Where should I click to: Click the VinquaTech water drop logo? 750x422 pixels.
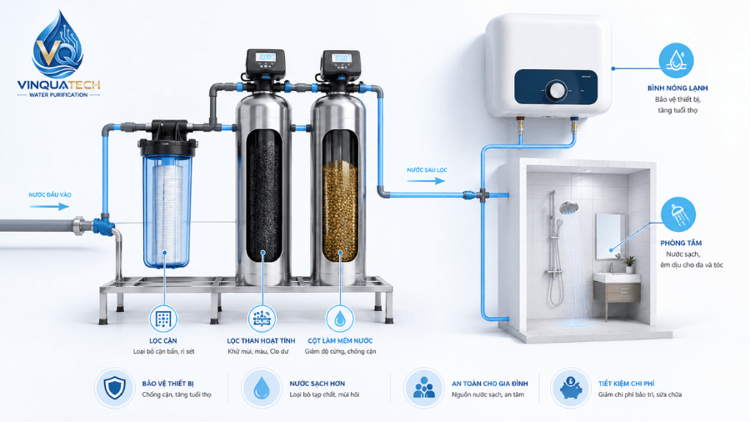57,46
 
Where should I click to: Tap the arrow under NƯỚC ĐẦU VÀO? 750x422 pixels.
50,207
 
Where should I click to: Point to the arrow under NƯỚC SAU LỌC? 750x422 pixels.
426,181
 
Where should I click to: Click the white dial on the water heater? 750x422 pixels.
557,90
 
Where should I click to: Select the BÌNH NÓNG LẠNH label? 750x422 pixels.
677,88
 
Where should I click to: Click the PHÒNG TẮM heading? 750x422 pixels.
681,243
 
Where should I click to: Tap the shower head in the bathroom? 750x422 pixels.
568,208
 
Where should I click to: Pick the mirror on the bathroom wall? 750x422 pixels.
610,236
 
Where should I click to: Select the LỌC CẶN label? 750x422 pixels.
163,340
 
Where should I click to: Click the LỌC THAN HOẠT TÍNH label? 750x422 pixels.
261,340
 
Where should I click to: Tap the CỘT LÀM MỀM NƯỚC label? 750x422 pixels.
340,340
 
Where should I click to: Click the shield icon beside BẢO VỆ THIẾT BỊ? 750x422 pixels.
115,388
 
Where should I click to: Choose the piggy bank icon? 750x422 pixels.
570,388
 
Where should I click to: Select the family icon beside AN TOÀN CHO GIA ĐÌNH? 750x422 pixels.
424,388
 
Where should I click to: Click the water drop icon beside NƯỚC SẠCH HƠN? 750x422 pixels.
261,388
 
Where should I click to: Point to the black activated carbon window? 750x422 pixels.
264,195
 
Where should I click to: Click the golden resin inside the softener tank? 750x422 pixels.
340,210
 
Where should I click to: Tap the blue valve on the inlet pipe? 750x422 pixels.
102,225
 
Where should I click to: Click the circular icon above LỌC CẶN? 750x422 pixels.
163,319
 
